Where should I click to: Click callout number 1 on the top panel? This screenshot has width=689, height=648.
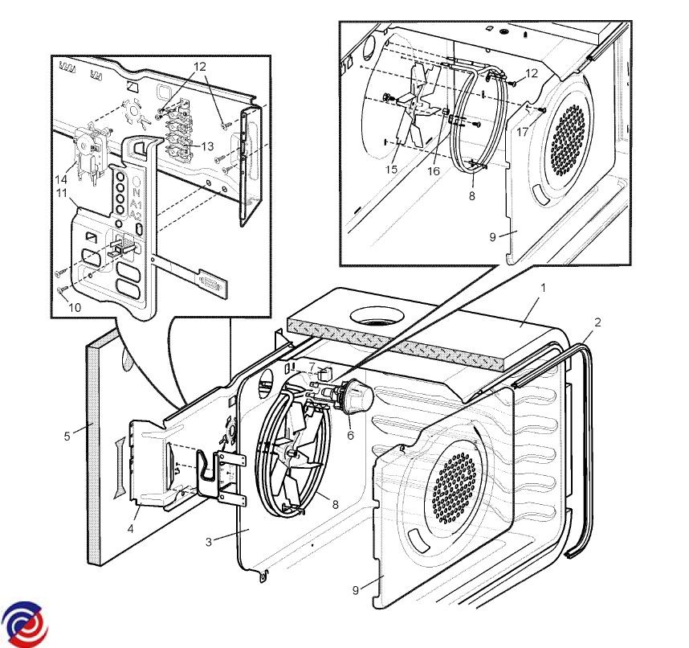pos(543,287)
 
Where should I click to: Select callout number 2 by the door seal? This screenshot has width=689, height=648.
pos(597,322)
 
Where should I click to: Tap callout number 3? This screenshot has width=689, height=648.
pos(208,542)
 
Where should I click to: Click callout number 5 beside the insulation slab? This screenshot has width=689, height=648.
pos(67,437)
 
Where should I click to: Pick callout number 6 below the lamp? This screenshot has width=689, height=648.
pos(350,435)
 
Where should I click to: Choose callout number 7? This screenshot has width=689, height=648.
pos(311,367)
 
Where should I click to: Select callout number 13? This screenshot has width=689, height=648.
pos(207,146)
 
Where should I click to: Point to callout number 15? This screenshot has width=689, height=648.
pos(392,170)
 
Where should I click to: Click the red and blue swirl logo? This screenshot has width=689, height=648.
pos(25,621)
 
